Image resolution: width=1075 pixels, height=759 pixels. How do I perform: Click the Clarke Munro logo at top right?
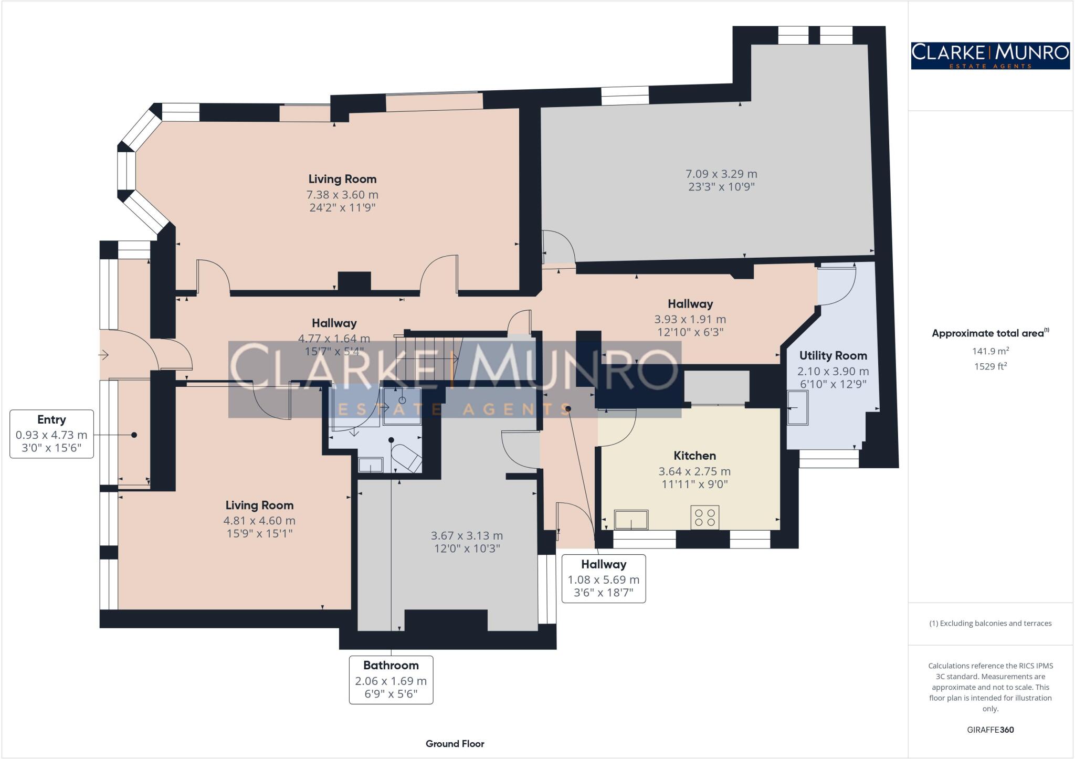pyautogui.click(x=990, y=56)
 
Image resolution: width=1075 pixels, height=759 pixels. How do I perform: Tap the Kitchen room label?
pyautogui.click(x=694, y=456)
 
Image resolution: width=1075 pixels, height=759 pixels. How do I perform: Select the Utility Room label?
pyautogui.click(x=833, y=355)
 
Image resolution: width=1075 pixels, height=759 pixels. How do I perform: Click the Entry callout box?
pyautogui.click(x=51, y=434)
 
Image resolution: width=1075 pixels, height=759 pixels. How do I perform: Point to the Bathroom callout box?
pyautogui.click(x=391, y=680)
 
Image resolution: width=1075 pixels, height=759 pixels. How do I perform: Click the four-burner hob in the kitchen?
pyautogui.click(x=704, y=517)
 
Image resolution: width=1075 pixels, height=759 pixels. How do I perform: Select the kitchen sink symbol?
pyautogui.click(x=631, y=520)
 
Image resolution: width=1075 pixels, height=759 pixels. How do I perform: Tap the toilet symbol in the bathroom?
pyautogui.click(x=407, y=458)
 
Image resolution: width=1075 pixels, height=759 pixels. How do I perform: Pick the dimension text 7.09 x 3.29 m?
pyautogui.click(x=721, y=174)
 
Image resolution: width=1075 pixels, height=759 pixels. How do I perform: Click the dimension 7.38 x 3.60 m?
pyautogui.click(x=342, y=195)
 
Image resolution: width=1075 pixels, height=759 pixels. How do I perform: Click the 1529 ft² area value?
pyautogui.click(x=990, y=366)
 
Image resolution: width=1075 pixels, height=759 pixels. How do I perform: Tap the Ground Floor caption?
pyautogui.click(x=455, y=743)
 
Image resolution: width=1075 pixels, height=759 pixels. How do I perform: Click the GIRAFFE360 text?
pyautogui.click(x=990, y=730)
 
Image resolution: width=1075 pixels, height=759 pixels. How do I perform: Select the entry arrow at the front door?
pyautogui.click(x=103, y=355)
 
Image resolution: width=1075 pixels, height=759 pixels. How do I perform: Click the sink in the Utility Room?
pyautogui.click(x=798, y=408)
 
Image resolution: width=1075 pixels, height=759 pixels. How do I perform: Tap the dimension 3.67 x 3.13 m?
pyautogui.click(x=467, y=536)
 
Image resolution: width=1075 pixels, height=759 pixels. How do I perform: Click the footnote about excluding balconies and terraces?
pyautogui.click(x=990, y=624)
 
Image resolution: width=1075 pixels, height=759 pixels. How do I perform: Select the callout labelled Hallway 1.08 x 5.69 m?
pyautogui.click(x=604, y=579)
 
